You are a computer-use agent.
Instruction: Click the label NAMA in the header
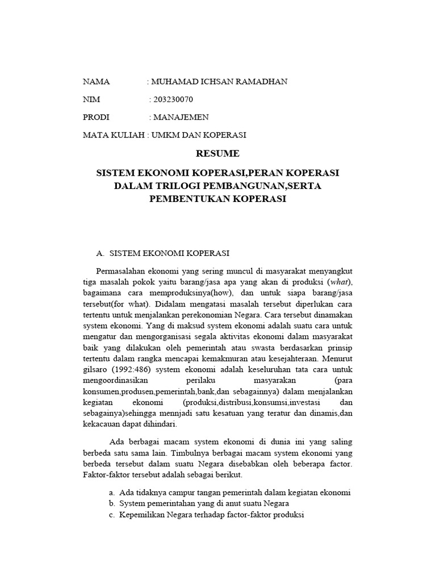click(x=97, y=82)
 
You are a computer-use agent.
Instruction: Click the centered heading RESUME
click(x=217, y=153)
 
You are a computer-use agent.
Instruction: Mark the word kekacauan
click(x=103, y=424)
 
